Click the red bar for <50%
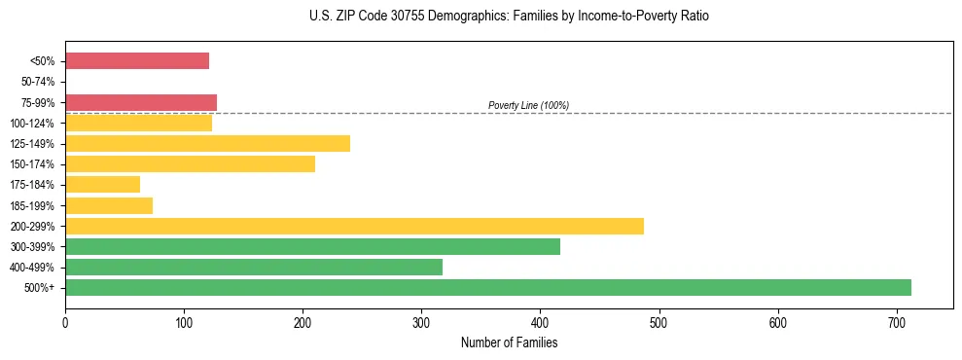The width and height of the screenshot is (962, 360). [137, 61]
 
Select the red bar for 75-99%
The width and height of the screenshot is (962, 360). [141, 102]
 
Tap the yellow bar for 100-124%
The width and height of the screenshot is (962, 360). [138, 123]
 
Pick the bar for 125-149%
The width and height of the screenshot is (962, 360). [207, 144]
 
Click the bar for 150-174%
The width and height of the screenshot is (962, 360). [190, 164]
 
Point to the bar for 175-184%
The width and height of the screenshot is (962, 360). [102, 185]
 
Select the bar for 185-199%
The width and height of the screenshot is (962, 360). [109, 205]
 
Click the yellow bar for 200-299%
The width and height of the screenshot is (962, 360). [354, 226]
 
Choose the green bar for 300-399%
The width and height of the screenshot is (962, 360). [312, 246]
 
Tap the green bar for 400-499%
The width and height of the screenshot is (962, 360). [254, 267]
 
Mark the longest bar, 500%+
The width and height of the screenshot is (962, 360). [488, 287]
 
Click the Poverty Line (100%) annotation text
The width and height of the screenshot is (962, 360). [528, 105]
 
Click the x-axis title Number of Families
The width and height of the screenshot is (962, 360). [509, 342]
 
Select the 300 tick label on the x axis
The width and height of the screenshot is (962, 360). [421, 321]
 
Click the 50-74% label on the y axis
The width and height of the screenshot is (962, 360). [40, 82]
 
